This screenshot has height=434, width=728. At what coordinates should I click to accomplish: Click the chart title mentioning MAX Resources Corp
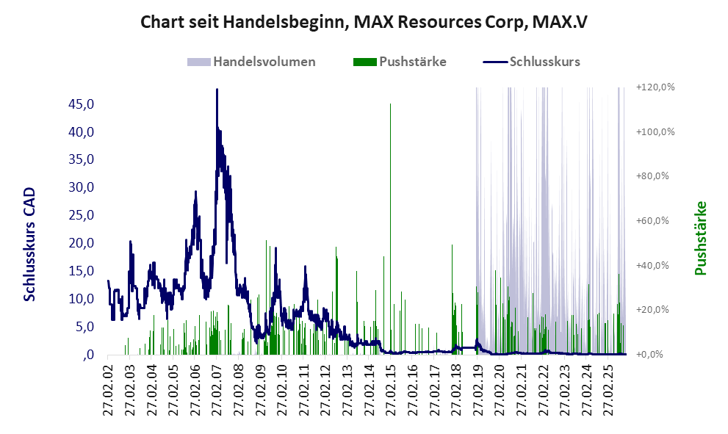[x=364, y=22]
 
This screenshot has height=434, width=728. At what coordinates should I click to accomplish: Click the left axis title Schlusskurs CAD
[x=29, y=244]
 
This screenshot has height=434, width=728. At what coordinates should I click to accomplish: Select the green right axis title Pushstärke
[x=700, y=238]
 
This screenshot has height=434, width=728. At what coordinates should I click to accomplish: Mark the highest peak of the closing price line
[x=217, y=90]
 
